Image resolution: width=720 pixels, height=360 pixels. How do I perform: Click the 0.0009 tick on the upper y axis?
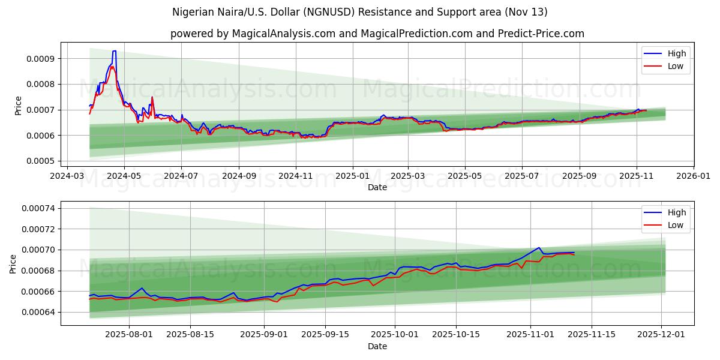click(40, 59)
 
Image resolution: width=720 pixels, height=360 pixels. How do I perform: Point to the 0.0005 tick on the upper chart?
click(40, 161)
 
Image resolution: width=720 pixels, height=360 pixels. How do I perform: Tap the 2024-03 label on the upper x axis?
click(67, 177)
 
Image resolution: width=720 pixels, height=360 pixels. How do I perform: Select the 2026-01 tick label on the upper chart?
click(693, 177)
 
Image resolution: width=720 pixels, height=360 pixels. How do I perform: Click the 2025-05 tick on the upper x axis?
click(465, 177)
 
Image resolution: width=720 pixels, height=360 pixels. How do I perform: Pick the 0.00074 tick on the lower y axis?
click(38, 209)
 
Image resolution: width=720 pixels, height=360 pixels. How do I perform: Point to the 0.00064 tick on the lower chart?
click(38, 313)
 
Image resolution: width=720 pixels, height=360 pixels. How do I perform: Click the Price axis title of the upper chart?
click(18, 106)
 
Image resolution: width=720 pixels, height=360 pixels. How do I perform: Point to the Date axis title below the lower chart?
click(377, 347)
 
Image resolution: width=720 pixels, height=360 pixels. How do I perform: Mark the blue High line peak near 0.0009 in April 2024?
click(114, 52)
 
